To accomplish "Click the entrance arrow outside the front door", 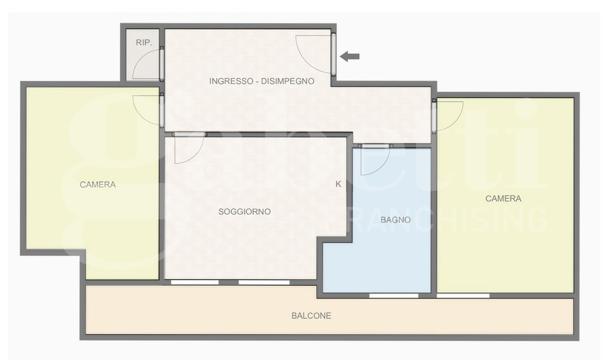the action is (350, 56).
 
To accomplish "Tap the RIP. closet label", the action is (144, 42).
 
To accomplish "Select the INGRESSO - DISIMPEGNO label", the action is (262, 81).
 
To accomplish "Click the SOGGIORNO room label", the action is (244, 212).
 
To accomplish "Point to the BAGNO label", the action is (395, 220).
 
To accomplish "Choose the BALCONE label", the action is (312, 316).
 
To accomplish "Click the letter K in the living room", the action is (338, 184).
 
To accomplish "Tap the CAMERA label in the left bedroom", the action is (98, 184).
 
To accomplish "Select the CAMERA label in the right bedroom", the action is (503, 198).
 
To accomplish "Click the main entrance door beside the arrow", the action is (333, 53).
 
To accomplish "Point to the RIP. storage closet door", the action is (161, 63).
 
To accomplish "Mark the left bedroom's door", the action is (161, 110).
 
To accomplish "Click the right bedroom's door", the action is (434, 116).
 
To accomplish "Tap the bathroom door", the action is (376, 146).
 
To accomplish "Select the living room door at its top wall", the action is (189, 134).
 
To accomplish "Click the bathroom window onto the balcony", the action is (393, 295).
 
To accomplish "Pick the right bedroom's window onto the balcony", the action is (463, 295).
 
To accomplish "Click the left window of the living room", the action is (194, 282).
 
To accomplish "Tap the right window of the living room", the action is (264, 282).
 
